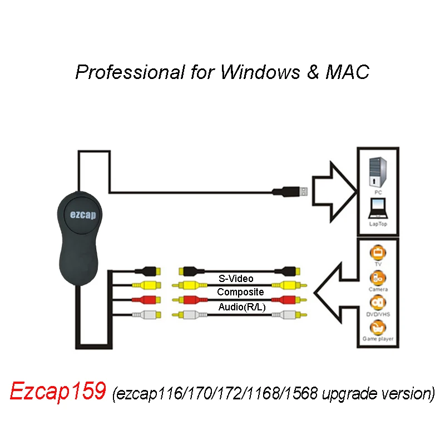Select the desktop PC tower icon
[377, 170]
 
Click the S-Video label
[237, 278]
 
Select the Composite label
[240, 291]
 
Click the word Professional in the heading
[129, 72]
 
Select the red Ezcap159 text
[57, 392]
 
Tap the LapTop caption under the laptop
[378, 224]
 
